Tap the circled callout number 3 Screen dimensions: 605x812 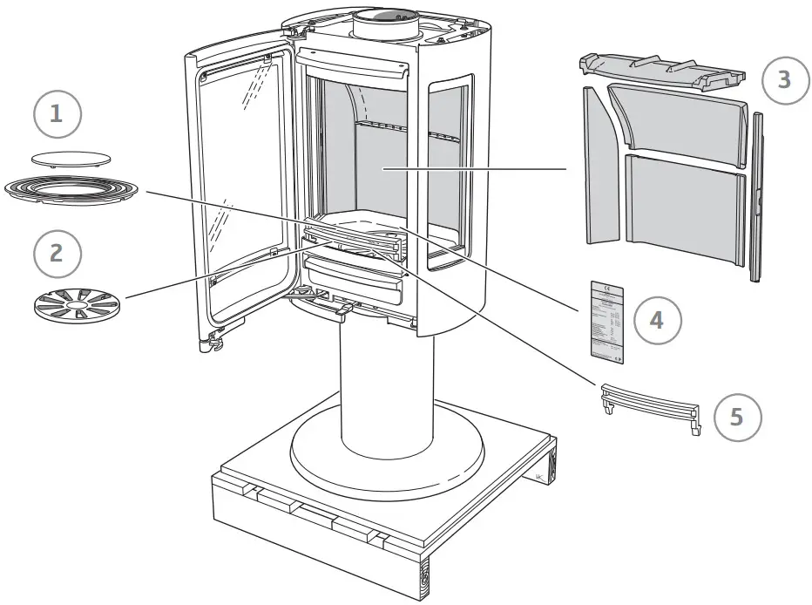click(x=784, y=80)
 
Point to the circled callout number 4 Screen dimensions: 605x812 click(x=656, y=320)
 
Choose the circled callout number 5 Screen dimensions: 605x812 click(x=737, y=417)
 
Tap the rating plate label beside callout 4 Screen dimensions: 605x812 click(x=606, y=320)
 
